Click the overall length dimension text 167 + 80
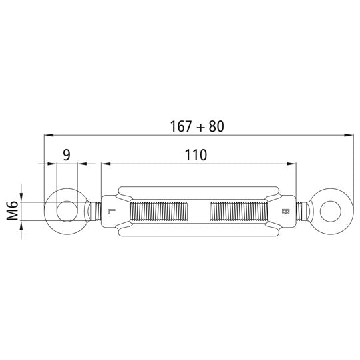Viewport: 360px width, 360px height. pyautogui.click(x=198, y=125)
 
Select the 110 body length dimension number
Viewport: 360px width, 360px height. pyautogui.click(x=196, y=155)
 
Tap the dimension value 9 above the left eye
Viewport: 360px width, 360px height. pyautogui.click(x=66, y=155)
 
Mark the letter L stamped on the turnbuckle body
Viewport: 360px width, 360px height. pyautogui.click(x=111, y=213)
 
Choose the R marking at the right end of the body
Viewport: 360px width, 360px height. pyautogui.click(x=285, y=213)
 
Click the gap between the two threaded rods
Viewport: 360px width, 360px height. pyautogui.click(x=198, y=212)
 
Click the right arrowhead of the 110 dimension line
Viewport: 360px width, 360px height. pyautogui.click(x=290, y=164)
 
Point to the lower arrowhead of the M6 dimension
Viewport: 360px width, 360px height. pyautogui.click(x=22, y=226)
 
